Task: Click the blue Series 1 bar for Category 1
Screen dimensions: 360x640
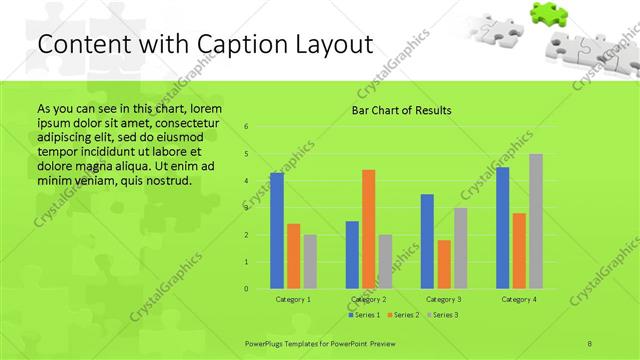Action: click(277, 231)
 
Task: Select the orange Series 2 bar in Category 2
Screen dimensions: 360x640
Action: click(368, 229)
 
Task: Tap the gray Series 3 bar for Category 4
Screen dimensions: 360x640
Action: click(536, 221)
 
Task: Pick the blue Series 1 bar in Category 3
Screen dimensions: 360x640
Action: click(427, 241)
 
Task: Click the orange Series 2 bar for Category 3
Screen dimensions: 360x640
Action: click(443, 264)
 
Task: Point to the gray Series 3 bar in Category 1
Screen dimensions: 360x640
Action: click(310, 262)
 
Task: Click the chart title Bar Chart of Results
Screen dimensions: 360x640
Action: click(401, 110)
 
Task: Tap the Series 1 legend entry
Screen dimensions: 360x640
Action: click(365, 315)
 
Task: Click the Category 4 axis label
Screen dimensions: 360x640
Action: click(519, 299)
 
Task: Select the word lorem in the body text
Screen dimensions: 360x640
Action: click(206, 108)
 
